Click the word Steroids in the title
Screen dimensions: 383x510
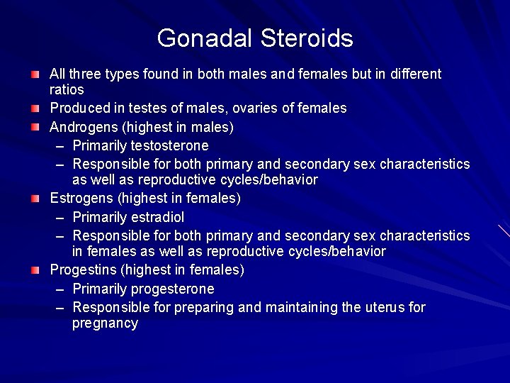[x=306, y=38]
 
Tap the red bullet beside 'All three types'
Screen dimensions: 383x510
[x=35, y=74]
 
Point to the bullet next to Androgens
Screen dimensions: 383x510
[x=35, y=128]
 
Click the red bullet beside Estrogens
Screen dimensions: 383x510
[x=35, y=199]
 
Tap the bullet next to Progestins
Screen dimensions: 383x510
[x=35, y=270]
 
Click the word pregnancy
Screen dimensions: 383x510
[x=105, y=323]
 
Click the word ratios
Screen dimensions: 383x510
[x=67, y=90]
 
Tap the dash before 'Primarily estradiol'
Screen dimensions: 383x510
[x=59, y=217]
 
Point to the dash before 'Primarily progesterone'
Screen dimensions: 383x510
[x=59, y=289]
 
